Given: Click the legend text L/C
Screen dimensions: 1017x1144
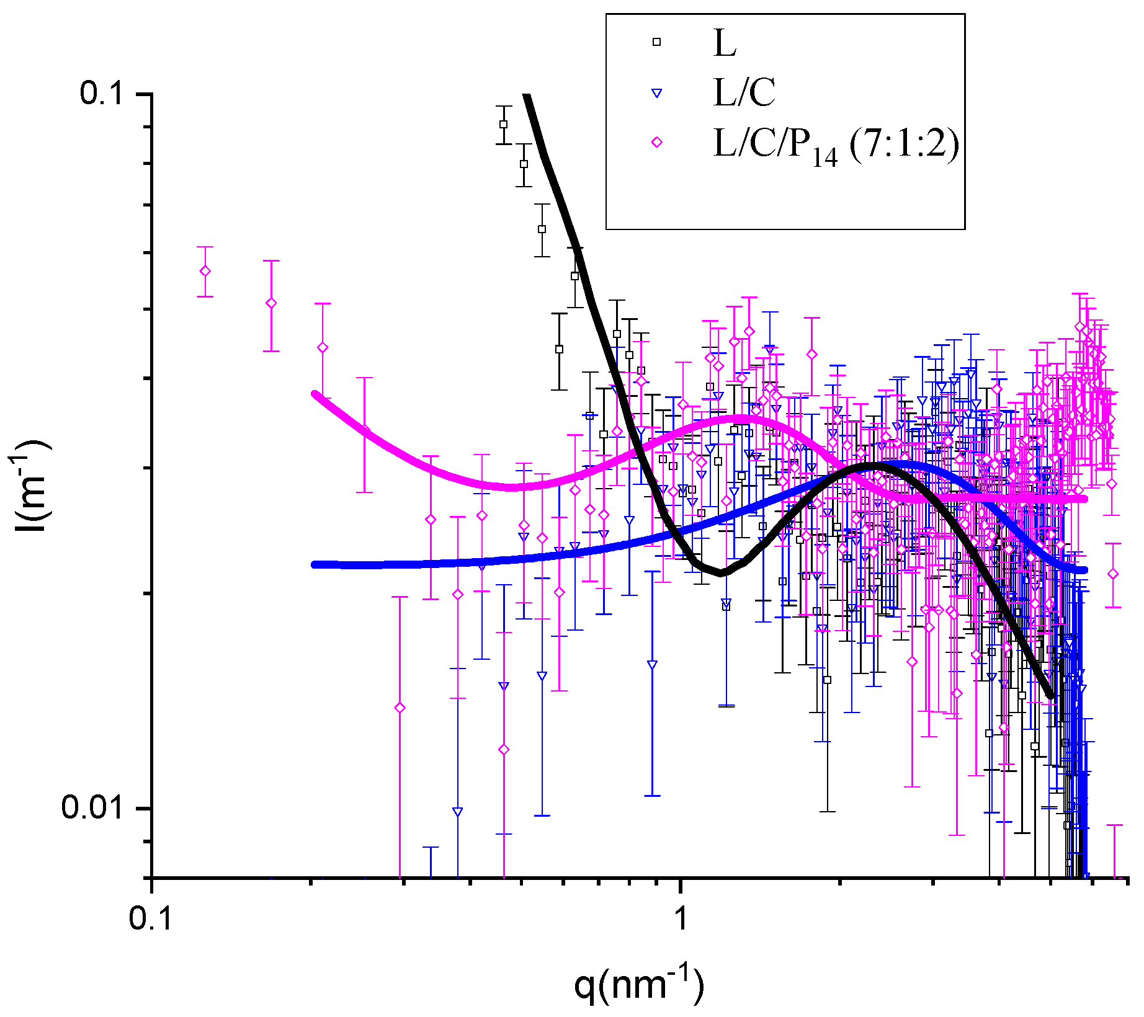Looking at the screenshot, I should pyautogui.click(x=744, y=93).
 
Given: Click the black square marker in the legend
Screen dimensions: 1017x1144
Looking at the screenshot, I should pyautogui.click(x=656, y=42).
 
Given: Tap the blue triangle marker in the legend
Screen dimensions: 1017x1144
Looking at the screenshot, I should pyautogui.click(x=656, y=94).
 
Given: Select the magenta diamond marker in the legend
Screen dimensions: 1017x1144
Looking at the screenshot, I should pyautogui.click(x=656, y=143).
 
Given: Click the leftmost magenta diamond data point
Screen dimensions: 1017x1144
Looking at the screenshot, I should pyautogui.click(x=205, y=271).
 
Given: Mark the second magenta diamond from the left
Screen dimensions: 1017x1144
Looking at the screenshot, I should pyautogui.click(x=270, y=303).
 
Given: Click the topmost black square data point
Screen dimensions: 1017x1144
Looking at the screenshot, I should pyautogui.click(x=504, y=124).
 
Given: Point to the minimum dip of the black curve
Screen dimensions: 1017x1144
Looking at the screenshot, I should pyautogui.click(x=721, y=574).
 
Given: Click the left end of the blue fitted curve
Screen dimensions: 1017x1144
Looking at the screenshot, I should pyautogui.click(x=315, y=564).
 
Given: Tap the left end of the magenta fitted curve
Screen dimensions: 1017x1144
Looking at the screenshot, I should pyautogui.click(x=315, y=394).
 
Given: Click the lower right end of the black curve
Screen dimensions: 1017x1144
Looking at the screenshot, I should pyautogui.click(x=1051, y=696).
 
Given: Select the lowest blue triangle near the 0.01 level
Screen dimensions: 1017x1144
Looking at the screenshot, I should pyautogui.click(x=458, y=812).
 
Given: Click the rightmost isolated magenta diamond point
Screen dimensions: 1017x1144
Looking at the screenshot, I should pyautogui.click(x=1114, y=574).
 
